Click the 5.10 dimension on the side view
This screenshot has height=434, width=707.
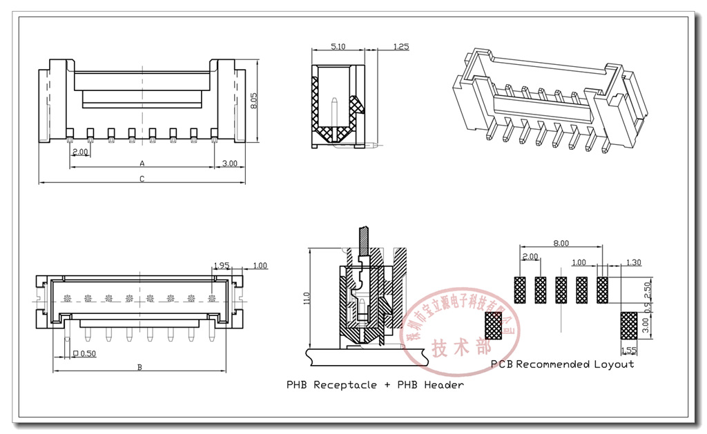click(x=338, y=46)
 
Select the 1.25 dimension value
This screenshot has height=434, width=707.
click(x=400, y=46)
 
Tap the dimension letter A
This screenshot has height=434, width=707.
click(x=142, y=164)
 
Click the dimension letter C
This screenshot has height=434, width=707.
click(x=142, y=179)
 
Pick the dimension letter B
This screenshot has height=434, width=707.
click(x=139, y=367)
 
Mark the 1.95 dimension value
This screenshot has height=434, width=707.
click(x=221, y=265)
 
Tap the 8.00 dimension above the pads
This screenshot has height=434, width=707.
click(x=561, y=243)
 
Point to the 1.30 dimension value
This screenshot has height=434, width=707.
click(x=632, y=262)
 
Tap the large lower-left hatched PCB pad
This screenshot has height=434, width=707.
click(x=494, y=325)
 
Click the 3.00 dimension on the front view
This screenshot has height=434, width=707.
click(x=229, y=164)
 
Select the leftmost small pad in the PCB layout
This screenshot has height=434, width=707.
click(x=520, y=290)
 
